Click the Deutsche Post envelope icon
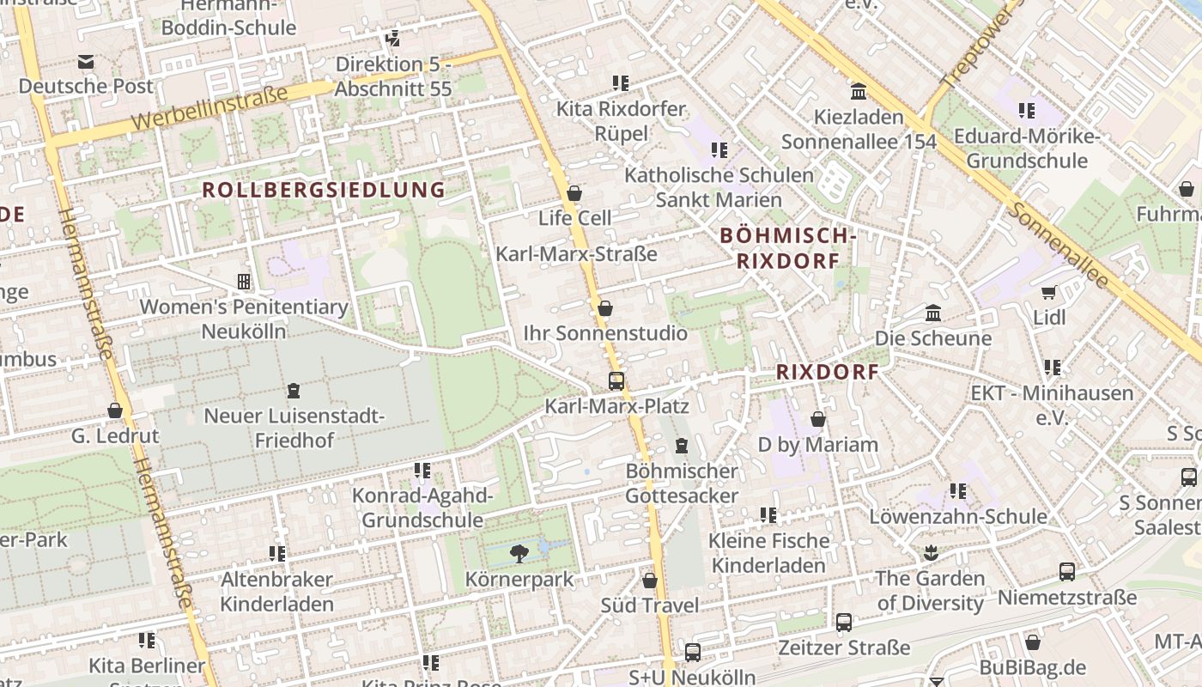86,62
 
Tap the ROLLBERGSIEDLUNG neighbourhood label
324,190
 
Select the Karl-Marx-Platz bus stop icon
616,381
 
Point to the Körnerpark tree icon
519,554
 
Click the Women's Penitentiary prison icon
244,282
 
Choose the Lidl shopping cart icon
1048,293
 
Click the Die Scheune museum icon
933,313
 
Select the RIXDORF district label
828,372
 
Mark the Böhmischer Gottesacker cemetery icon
682,446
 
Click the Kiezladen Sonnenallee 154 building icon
858,92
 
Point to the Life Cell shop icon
574,193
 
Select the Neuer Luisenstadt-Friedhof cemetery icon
294,391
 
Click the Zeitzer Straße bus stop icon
843,623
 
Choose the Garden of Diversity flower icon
930,553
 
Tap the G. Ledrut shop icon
115,411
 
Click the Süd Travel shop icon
650,581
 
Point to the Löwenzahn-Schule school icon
958,491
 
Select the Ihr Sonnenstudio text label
605,333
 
